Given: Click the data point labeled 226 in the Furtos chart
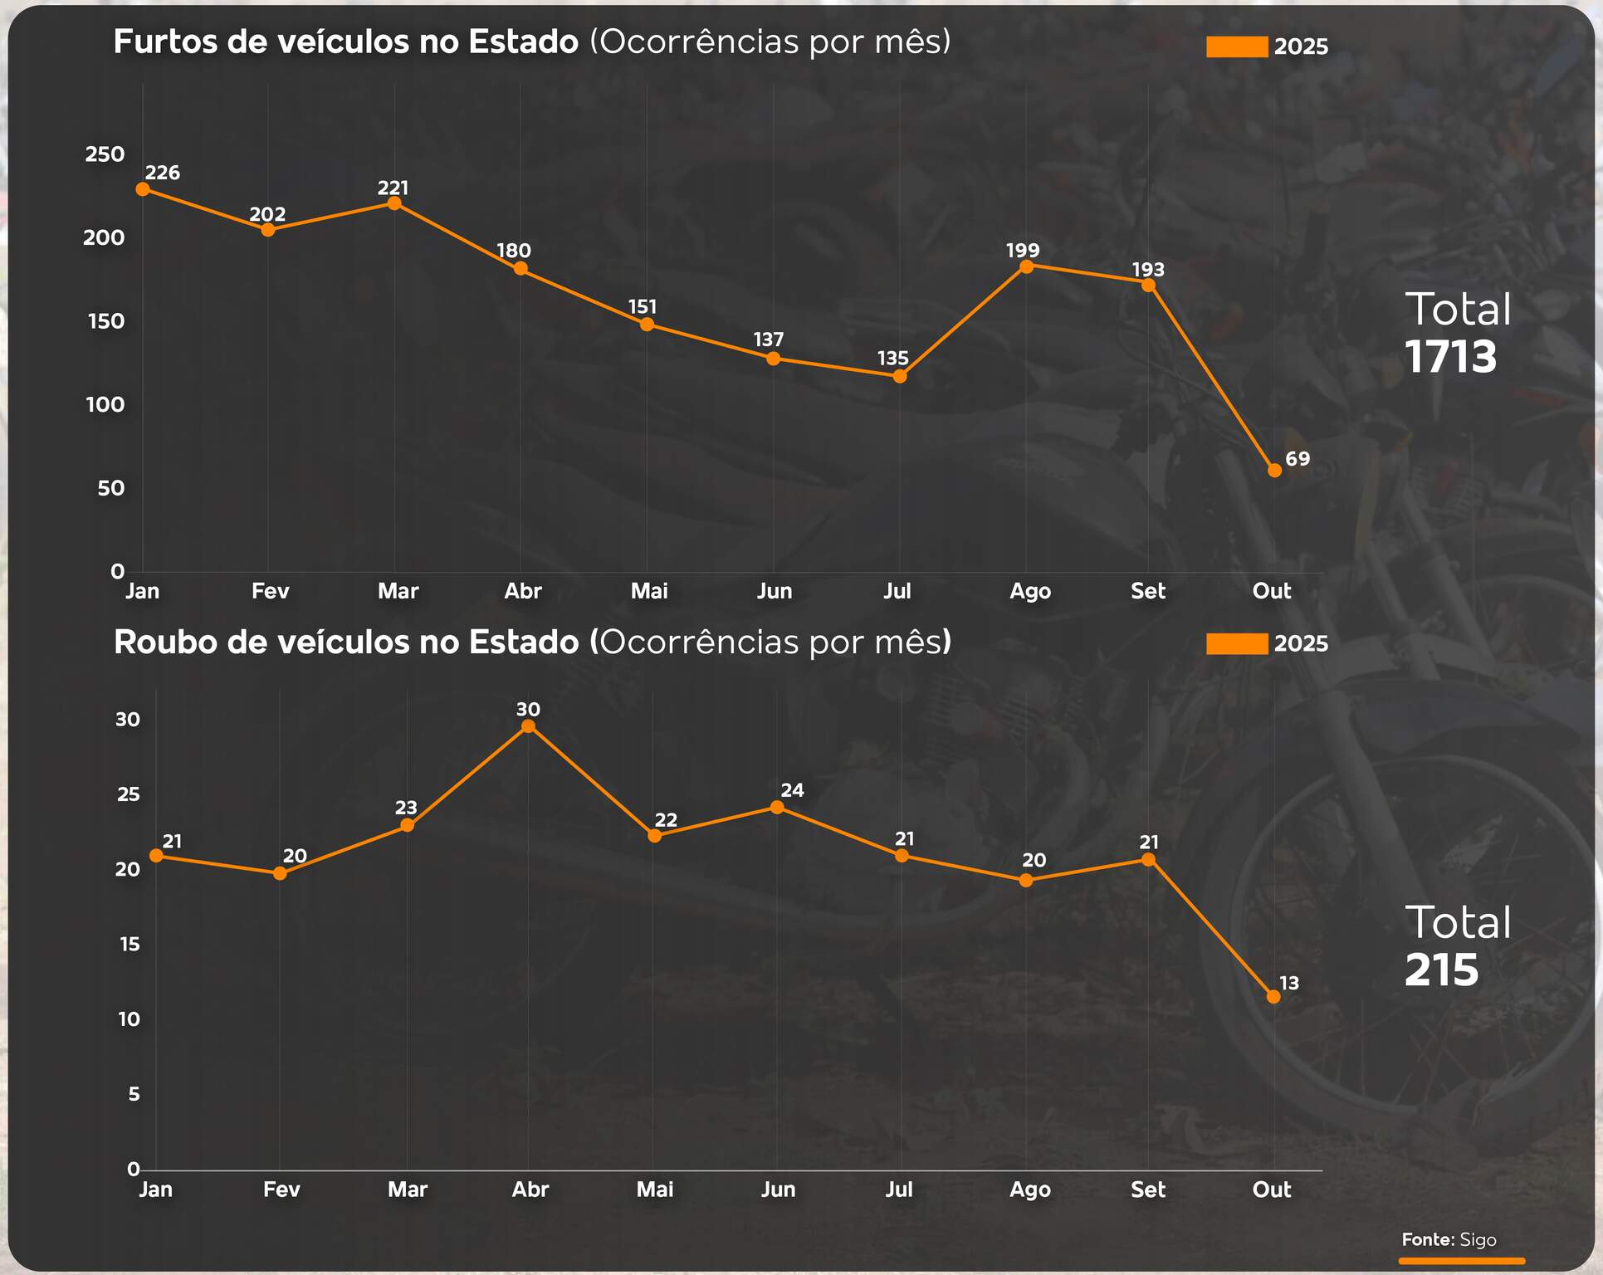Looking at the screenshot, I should point(143,189).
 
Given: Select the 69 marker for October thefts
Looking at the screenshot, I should point(1274,471).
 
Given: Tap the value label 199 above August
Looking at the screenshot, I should point(1023,250).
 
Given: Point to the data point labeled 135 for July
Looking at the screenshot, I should point(900,376).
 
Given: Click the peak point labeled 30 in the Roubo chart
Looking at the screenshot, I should point(528,726).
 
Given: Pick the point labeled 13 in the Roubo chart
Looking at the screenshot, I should point(1273,996).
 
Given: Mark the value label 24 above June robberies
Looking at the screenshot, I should point(792,790).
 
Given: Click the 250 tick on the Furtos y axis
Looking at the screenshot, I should point(105,154).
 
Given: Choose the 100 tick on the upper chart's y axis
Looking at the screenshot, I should point(105,405).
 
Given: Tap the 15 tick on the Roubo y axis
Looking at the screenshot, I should point(130,945).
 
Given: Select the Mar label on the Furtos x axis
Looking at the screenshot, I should point(398,591).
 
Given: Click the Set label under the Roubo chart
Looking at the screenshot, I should point(1148,1190).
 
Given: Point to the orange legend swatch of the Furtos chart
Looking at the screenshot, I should point(1236,46).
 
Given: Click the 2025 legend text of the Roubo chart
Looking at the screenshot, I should point(1301,643).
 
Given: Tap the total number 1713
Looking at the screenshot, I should point(1450,357).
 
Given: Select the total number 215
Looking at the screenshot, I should point(1441,970).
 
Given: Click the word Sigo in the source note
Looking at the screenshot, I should point(1478,1239).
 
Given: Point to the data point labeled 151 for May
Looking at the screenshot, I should point(647,325).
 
